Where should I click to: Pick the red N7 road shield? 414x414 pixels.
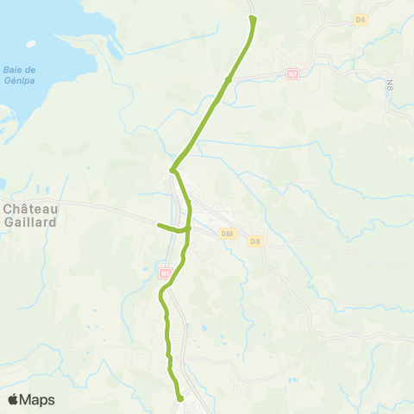292,75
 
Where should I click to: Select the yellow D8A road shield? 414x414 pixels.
228,233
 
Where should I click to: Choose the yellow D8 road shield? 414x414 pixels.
254,241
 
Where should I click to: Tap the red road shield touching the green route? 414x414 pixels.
166,273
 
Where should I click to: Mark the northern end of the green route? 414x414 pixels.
252,17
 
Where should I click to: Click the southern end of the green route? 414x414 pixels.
180,399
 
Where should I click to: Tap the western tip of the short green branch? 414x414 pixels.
158,225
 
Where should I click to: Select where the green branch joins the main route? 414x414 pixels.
187,229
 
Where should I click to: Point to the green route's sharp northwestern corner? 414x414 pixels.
172,170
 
